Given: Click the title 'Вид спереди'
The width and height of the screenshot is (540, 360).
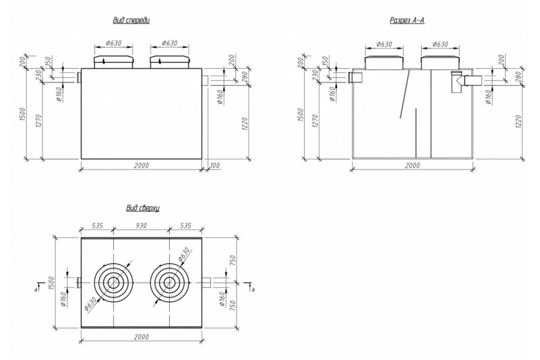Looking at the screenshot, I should [x=131, y=21].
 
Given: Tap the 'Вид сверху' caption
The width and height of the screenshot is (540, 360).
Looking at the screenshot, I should [x=142, y=208].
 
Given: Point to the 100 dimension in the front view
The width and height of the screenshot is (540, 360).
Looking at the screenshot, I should [x=215, y=166].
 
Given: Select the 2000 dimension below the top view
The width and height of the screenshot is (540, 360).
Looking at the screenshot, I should [x=141, y=337].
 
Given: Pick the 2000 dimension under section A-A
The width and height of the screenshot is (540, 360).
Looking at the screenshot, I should [x=412, y=166].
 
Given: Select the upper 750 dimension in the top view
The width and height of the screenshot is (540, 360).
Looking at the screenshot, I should [x=232, y=260].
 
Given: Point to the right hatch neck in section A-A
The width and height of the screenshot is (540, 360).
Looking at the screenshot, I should [x=440, y=63].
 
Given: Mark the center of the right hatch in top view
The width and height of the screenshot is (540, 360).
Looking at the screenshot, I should [x=170, y=283].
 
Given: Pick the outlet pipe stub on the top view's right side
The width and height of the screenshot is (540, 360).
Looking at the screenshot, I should [x=206, y=283].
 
